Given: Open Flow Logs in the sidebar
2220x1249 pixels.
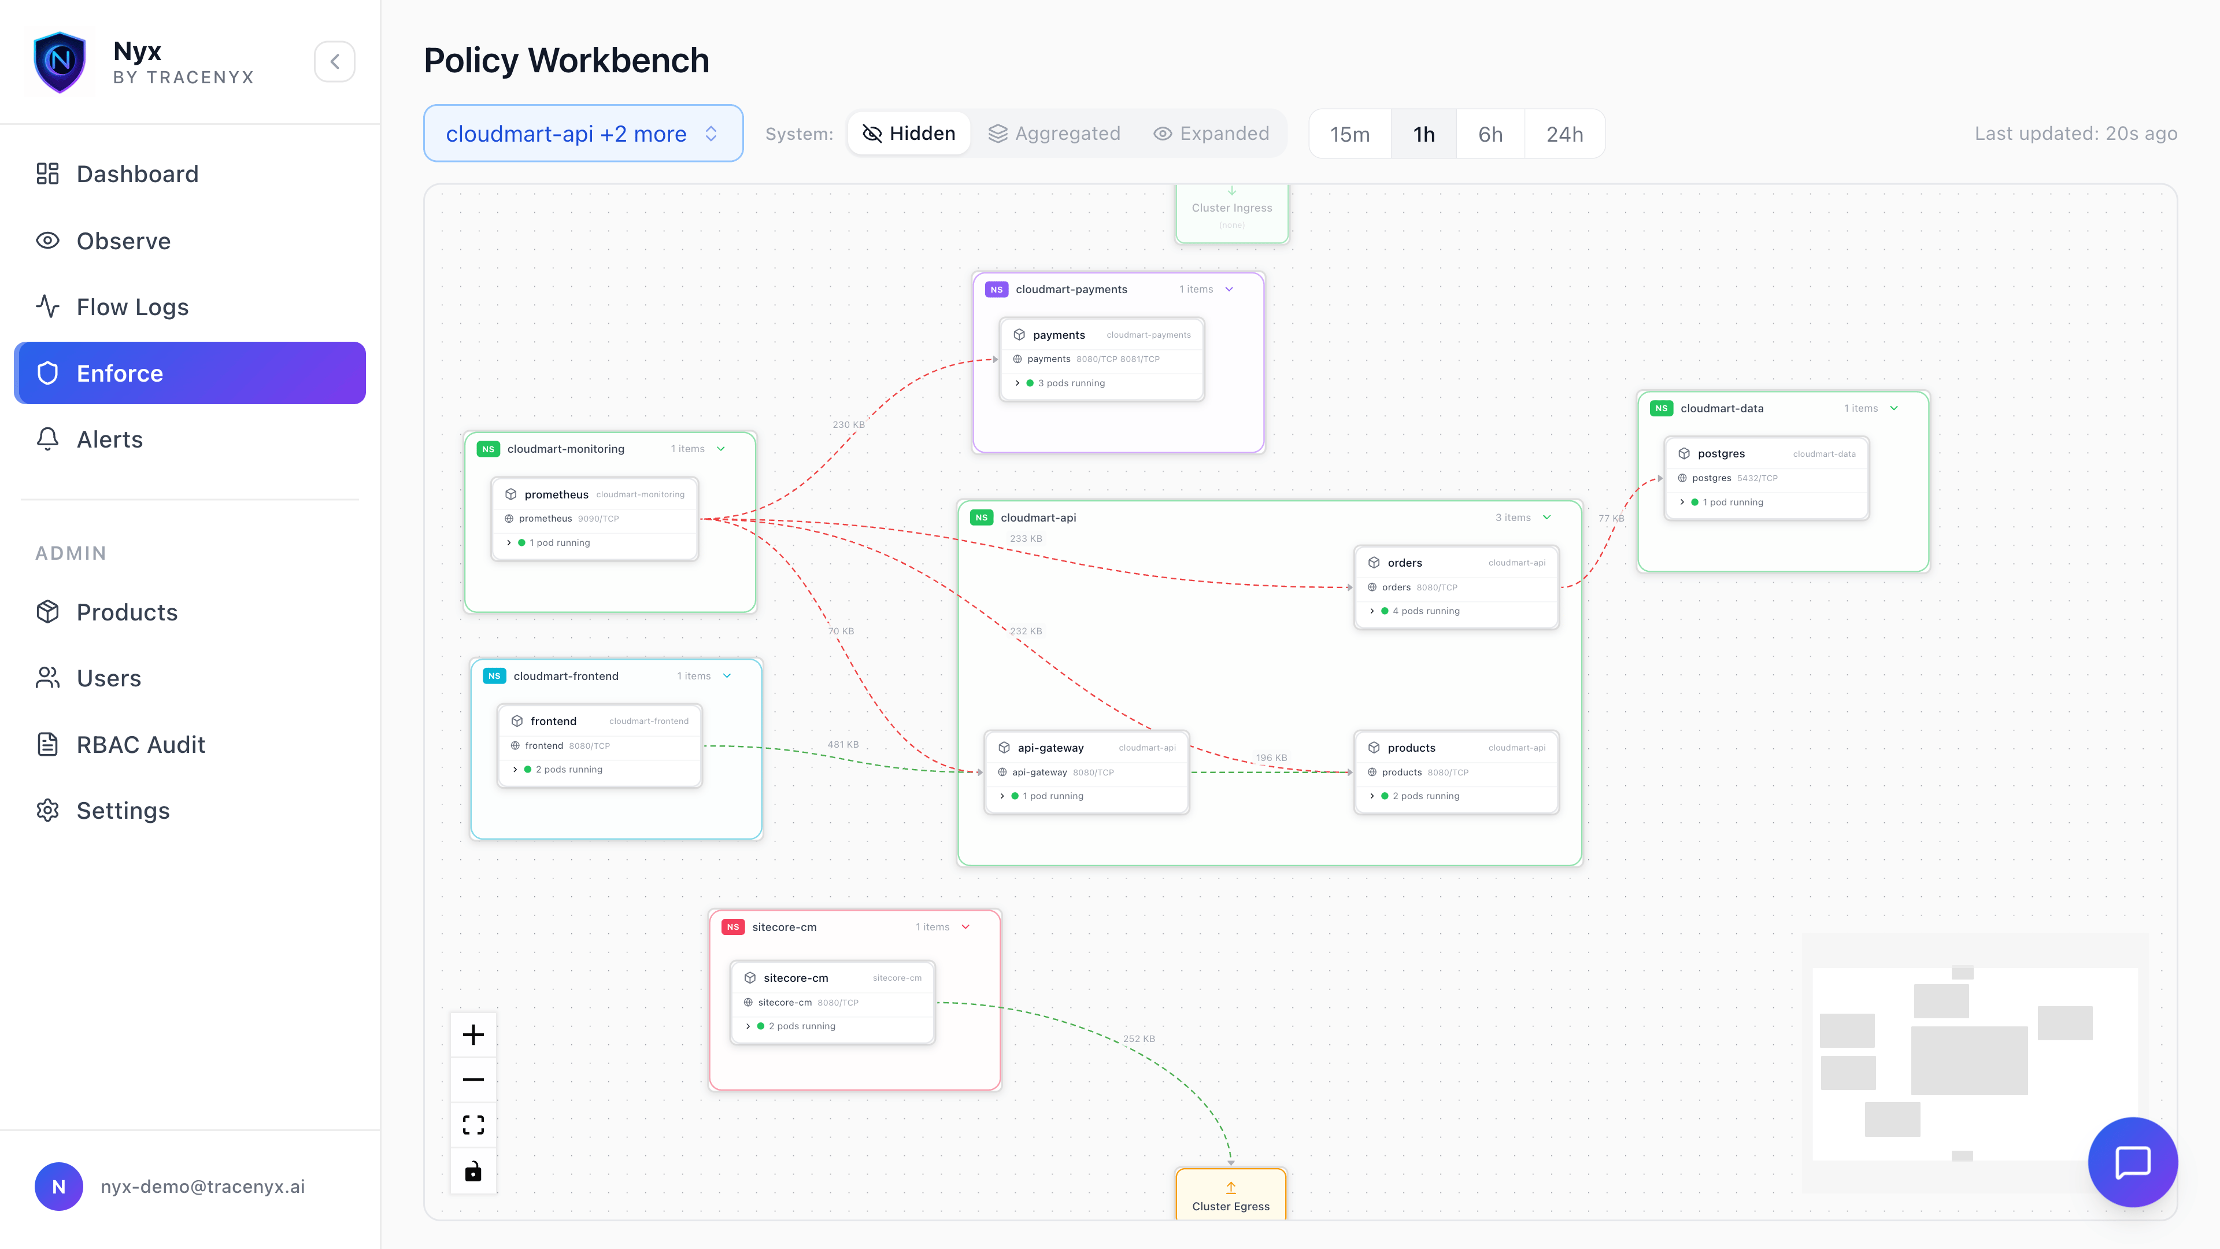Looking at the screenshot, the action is point(132,307).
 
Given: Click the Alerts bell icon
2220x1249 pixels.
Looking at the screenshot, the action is point(47,439).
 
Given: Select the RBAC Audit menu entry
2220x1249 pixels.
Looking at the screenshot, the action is point(140,745).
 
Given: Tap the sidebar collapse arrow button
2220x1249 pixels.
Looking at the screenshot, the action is point(334,61).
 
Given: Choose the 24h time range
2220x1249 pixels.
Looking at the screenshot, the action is point(1564,134).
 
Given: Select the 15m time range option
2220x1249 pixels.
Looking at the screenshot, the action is point(1349,134).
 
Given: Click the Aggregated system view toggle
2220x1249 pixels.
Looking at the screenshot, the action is point(1053,134).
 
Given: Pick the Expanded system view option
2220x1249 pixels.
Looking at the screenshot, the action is point(1211,134).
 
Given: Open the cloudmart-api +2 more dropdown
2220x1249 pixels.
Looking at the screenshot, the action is point(583,134).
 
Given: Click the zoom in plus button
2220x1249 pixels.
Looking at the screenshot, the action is point(473,1034).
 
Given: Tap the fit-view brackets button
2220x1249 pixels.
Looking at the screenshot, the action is point(473,1125).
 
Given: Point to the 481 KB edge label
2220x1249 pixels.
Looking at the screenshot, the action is point(843,745).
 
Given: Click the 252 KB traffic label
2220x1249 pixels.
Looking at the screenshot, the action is point(1138,1039).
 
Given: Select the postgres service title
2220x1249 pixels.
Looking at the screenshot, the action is point(1721,453).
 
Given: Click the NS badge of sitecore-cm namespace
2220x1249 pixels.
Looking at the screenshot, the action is point(732,926).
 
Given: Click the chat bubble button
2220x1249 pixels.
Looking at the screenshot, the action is point(2132,1162).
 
